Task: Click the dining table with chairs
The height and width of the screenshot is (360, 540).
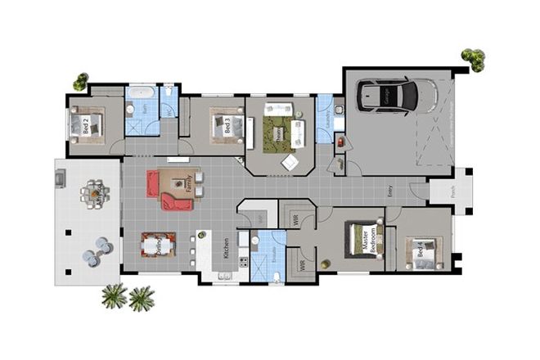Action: click(x=158, y=245)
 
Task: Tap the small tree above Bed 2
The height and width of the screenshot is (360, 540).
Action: click(x=80, y=81)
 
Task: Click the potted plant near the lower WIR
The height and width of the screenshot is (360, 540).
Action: click(x=325, y=263)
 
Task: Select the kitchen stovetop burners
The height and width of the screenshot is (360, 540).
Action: click(x=242, y=263)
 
